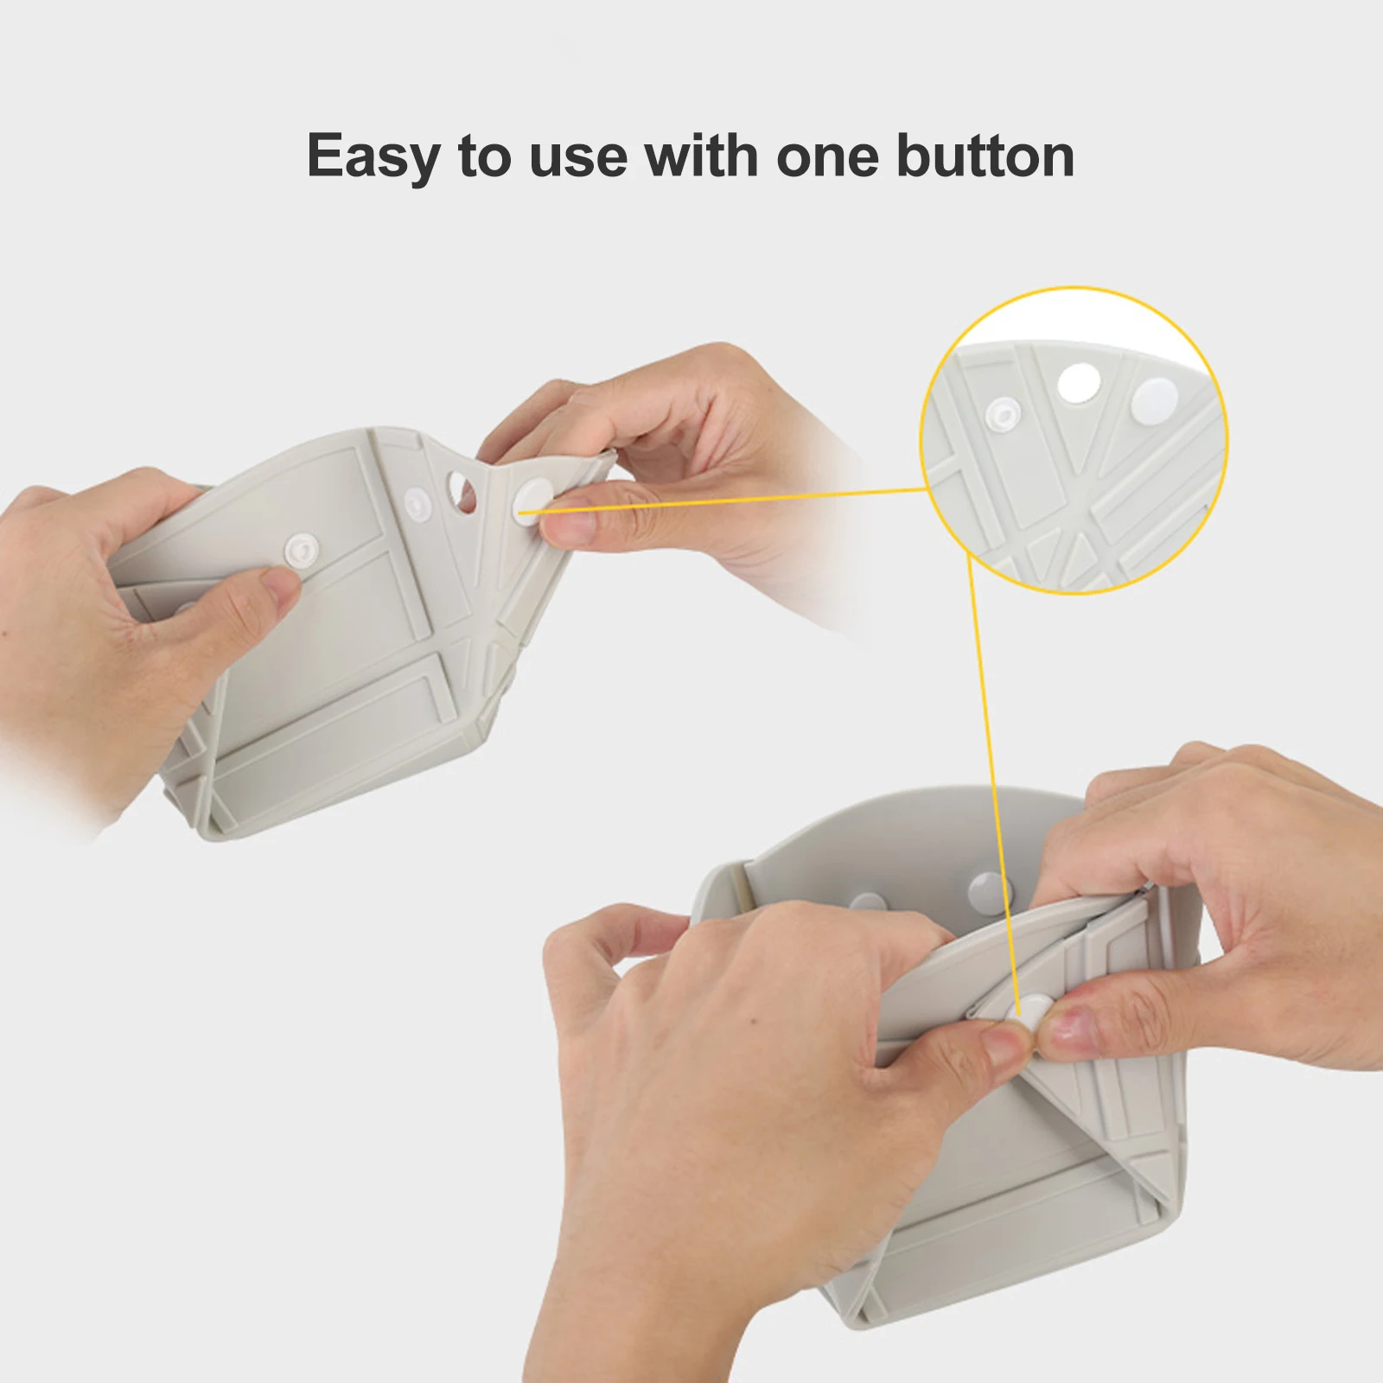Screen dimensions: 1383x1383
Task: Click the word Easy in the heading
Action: pos(373,157)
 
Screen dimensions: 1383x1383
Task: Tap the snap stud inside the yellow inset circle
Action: pos(1003,416)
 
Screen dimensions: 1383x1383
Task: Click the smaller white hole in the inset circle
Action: pos(1078,383)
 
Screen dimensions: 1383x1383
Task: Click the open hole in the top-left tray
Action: pos(461,491)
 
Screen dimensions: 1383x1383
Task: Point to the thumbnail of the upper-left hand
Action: pos(279,590)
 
